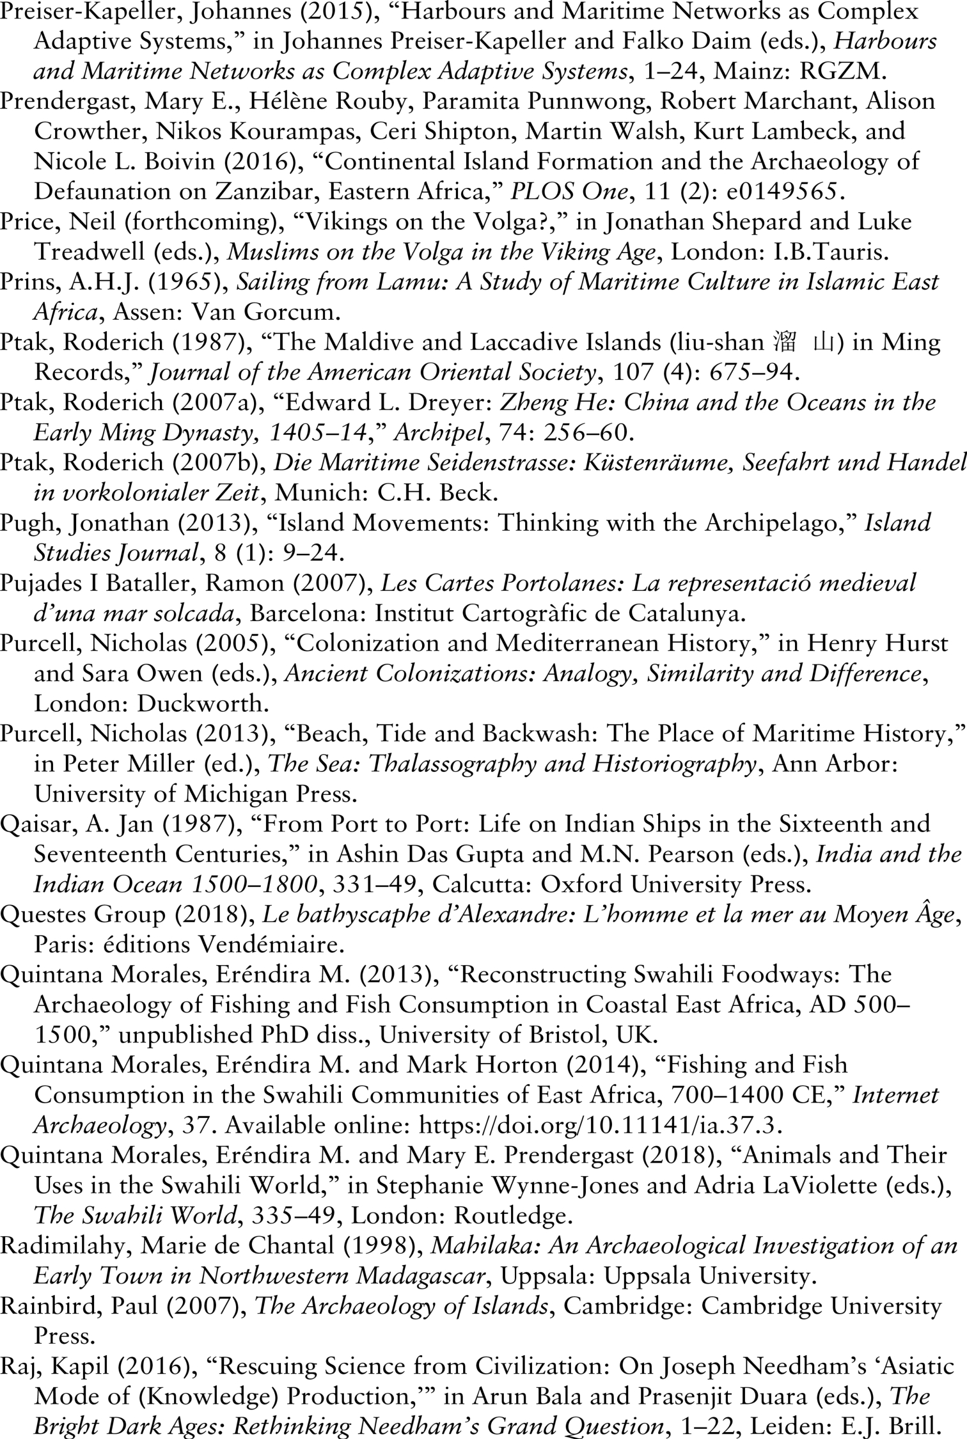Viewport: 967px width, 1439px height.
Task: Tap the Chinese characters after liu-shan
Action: click(x=803, y=343)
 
